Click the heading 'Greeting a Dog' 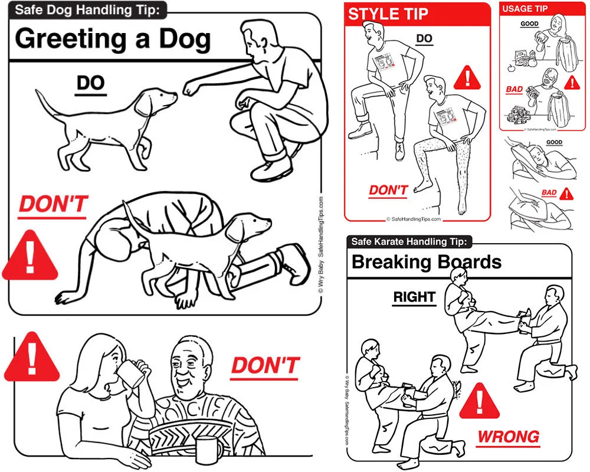coord(112,39)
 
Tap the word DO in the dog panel coord(90,84)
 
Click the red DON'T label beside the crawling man coord(53,205)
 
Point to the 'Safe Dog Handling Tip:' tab coord(88,9)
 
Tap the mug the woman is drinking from coord(133,375)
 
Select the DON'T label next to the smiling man coord(265,365)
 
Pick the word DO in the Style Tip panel coord(424,39)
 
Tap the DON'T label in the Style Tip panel coord(388,190)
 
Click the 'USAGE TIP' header coord(525,9)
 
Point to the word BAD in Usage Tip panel coord(514,90)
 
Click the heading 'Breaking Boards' coord(426,262)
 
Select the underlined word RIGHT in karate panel coord(414,297)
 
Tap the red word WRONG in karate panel coord(508,437)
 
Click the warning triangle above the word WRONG coord(480,402)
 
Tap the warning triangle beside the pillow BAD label coord(566,194)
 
